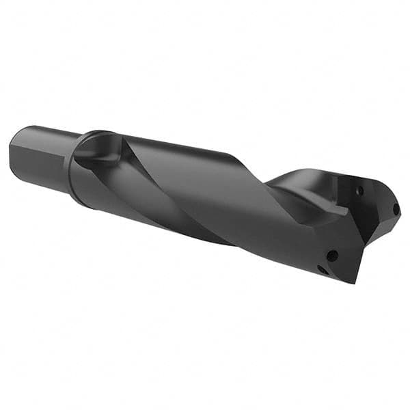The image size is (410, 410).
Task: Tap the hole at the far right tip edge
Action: tap(394, 208)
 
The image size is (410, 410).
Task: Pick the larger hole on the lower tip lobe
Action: tap(332, 256)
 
